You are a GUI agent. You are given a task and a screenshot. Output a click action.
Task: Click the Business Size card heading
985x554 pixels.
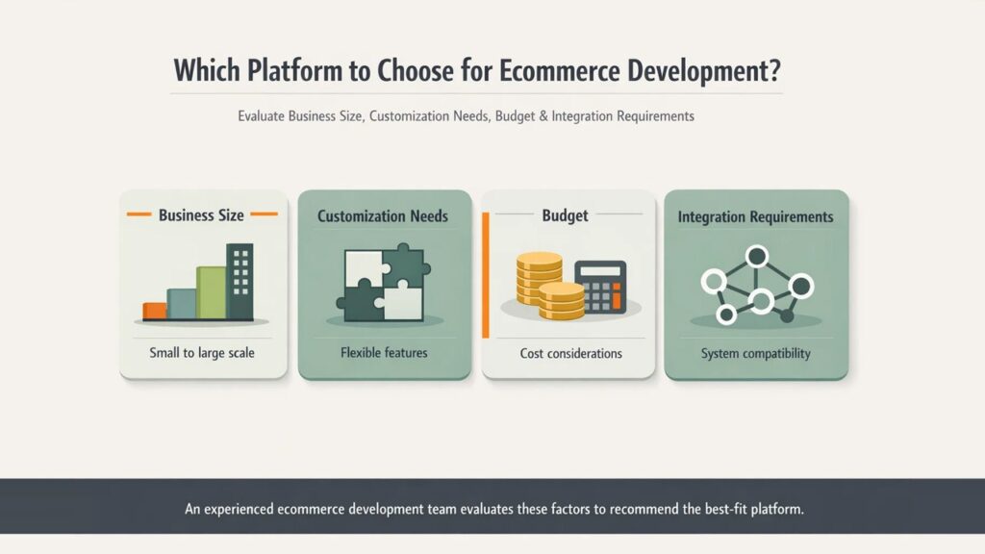[201, 215]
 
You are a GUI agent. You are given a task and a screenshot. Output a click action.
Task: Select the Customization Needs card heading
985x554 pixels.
[383, 216]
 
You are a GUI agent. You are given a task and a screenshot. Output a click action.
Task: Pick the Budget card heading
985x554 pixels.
[565, 215]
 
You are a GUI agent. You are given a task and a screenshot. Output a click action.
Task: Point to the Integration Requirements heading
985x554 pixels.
[755, 216]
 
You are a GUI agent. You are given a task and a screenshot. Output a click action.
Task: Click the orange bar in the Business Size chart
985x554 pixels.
[154, 311]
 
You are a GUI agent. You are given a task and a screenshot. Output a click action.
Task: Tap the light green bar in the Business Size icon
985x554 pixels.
[211, 292]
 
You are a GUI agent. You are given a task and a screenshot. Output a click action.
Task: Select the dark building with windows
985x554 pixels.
[240, 281]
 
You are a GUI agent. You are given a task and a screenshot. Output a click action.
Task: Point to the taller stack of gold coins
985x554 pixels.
[539, 279]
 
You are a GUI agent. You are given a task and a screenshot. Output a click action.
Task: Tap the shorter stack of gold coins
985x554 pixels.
[561, 301]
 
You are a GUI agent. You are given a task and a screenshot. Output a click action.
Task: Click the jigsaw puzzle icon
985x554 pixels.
[383, 285]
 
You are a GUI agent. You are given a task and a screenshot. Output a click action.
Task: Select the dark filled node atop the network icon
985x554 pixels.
[757, 256]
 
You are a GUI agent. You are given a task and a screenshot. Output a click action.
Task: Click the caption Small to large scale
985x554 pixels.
[202, 353]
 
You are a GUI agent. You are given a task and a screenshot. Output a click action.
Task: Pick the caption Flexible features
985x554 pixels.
[384, 353]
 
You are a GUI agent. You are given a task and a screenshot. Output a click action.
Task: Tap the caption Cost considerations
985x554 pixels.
[570, 353]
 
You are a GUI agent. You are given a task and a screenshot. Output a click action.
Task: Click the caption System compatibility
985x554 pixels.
[755, 353]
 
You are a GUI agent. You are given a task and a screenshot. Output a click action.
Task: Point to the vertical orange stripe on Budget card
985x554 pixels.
[486, 275]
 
